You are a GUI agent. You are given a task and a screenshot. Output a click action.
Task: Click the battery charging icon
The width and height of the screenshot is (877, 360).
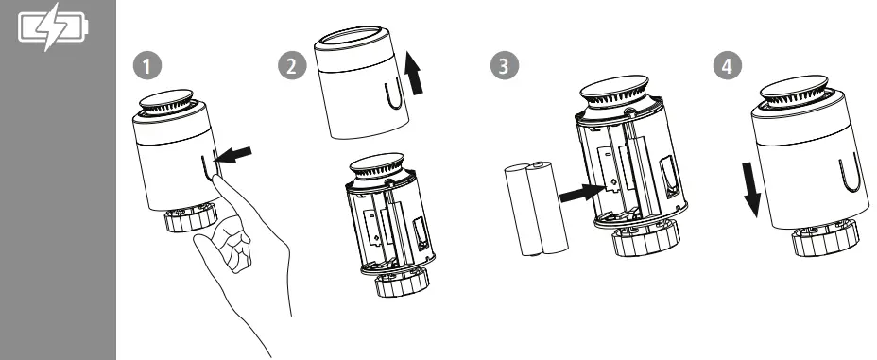pos(53,26)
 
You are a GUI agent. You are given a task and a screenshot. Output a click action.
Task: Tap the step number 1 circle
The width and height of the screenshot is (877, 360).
pos(147,66)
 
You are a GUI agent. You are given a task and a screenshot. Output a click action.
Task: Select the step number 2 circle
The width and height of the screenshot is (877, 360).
pos(292,66)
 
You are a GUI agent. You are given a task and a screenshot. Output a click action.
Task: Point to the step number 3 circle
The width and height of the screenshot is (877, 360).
pos(505,66)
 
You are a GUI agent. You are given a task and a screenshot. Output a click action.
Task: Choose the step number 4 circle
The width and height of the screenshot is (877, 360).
pos(728,66)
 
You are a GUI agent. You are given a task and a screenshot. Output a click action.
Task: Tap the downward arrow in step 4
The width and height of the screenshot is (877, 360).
pos(752,190)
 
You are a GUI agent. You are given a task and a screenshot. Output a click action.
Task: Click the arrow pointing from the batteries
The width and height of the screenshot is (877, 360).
pos(582,193)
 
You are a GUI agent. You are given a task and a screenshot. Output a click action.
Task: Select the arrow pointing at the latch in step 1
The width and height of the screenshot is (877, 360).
pos(233,155)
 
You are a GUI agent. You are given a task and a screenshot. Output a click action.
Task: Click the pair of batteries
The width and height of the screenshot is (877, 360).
pos(536,209)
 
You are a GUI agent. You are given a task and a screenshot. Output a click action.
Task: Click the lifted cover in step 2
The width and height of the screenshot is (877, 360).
pos(361,82)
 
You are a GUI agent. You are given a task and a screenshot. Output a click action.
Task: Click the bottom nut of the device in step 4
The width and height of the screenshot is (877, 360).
pos(825,237)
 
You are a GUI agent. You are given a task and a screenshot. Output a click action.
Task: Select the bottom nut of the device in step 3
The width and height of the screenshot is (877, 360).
pos(646,238)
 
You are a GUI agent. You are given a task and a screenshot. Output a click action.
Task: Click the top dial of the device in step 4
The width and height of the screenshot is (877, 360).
pos(794,91)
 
